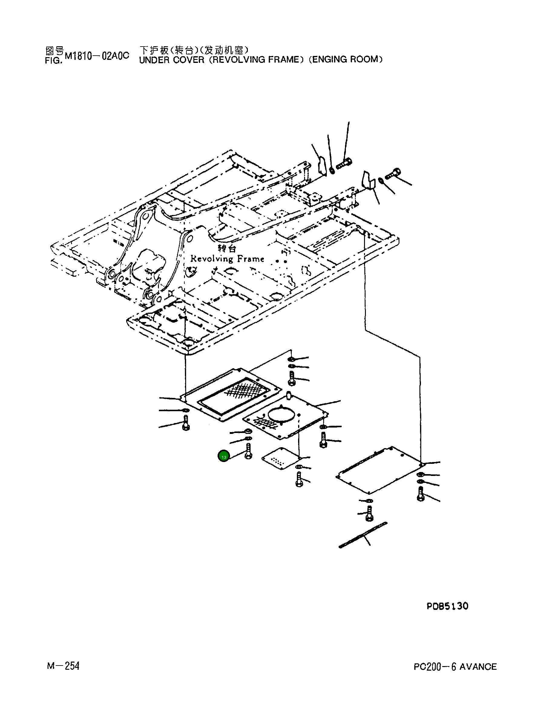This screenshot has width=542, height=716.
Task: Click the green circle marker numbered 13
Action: click(x=224, y=456)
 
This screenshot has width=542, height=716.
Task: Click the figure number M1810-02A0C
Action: click(x=97, y=56)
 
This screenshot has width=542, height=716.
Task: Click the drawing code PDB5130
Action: click(x=447, y=606)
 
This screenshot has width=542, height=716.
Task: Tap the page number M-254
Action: click(x=63, y=666)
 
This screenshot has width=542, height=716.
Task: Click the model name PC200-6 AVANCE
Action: click(x=455, y=666)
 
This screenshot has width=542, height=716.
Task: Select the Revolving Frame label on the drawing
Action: click(x=227, y=259)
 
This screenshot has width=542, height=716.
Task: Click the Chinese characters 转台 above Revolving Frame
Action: click(x=227, y=248)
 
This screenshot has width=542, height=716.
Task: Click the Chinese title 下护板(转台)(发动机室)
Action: click(x=194, y=50)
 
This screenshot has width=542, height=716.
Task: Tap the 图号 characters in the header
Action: click(x=54, y=51)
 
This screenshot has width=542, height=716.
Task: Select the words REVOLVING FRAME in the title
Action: click(x=256, y=60)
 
